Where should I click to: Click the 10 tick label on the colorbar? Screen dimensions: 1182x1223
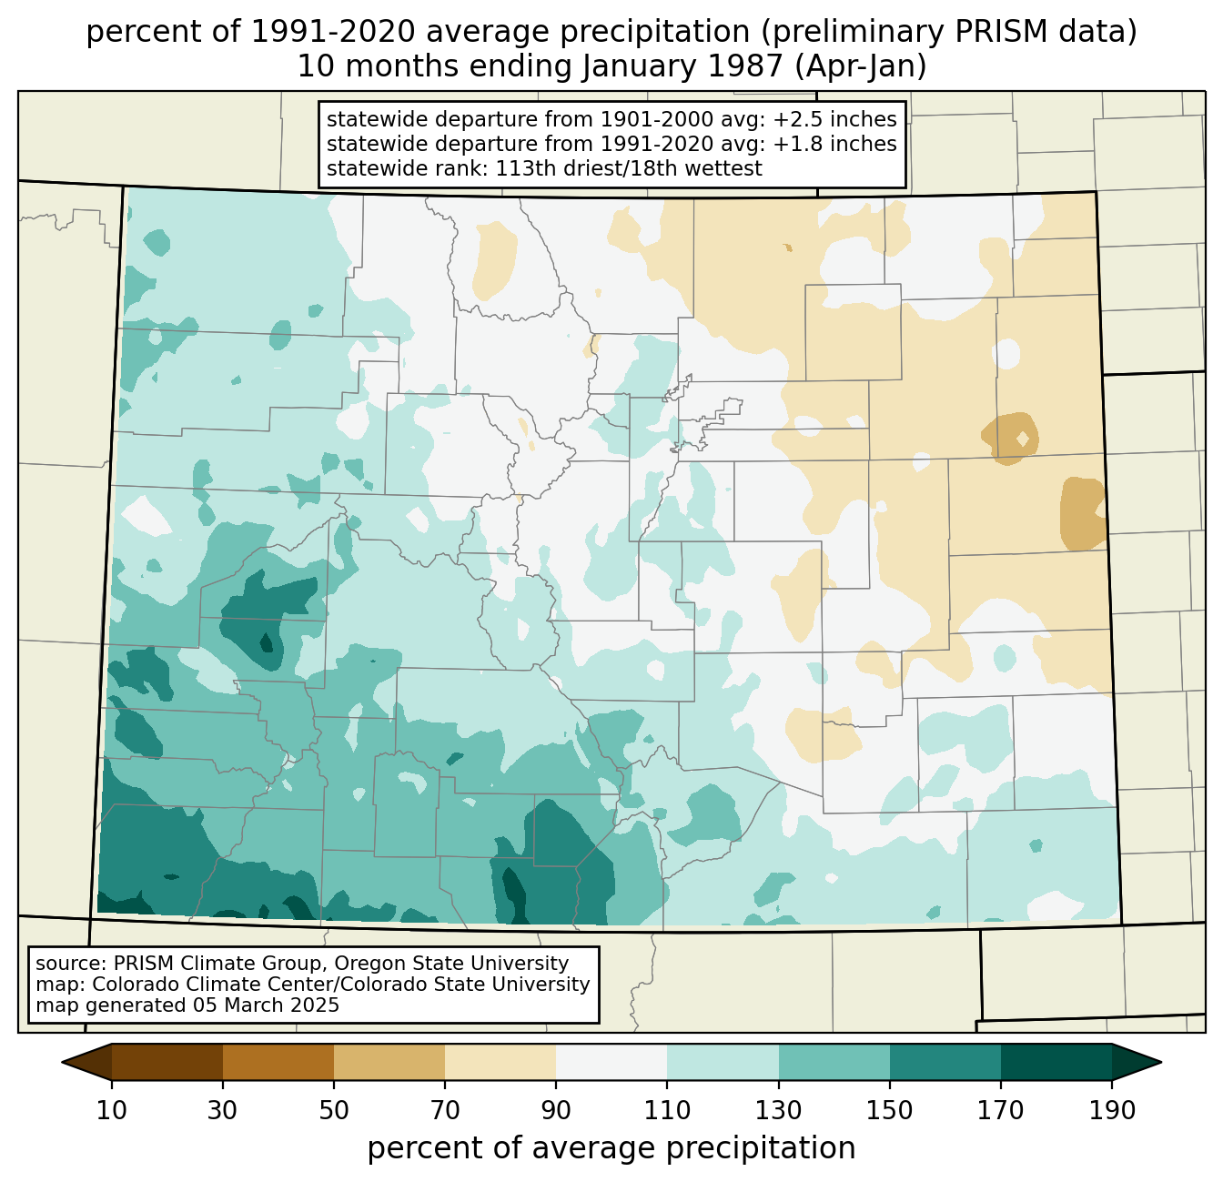tap(112, 1111)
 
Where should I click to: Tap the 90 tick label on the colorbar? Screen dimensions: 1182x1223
tap(556, 1111)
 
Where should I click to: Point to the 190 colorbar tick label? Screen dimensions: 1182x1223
tap(1112, 1111)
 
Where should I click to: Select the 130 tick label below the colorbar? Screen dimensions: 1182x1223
tap(779, 1111)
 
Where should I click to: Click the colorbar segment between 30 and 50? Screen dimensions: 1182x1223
tap(278, 1062)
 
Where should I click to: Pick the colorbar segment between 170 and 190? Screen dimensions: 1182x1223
tap(1056, 1062)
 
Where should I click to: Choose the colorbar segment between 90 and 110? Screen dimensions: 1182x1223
tap(611, 1062)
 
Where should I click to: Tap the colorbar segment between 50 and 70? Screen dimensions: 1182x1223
tap(389, 1062)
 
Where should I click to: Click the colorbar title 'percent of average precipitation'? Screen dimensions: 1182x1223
tap(611, 1148)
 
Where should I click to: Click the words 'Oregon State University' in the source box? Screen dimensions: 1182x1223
tap(455, 964)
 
